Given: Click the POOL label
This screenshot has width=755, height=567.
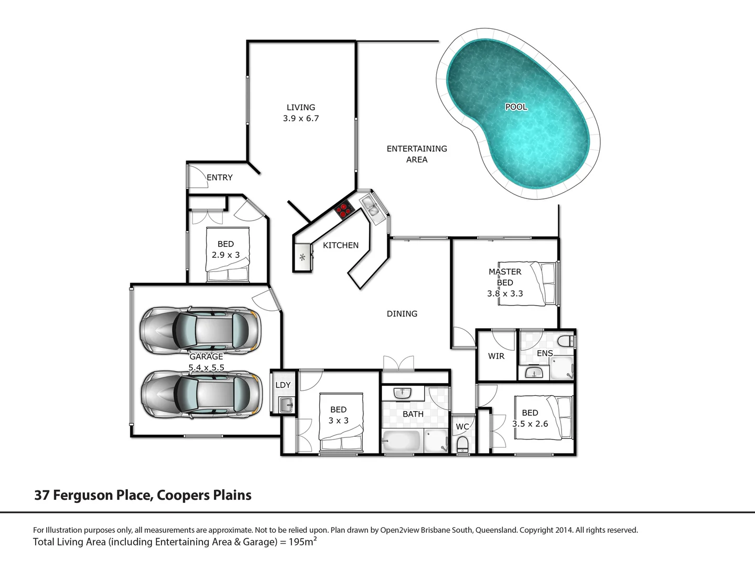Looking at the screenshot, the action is coord(516,107).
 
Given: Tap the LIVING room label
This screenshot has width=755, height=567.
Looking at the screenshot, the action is coord(301,107).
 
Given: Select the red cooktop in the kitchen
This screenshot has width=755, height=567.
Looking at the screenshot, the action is coord(343,209).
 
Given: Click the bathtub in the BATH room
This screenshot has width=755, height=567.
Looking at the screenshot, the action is coord(401,441).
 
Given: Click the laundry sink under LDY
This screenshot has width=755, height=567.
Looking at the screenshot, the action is coord(285,404).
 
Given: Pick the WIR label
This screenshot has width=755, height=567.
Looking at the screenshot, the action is coord(496,356).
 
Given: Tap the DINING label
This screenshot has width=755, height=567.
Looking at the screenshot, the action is coord(402,313).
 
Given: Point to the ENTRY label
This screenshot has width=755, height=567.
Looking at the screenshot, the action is coord(220,177).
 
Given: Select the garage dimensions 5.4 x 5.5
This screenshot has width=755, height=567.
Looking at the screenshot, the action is coord(206,367).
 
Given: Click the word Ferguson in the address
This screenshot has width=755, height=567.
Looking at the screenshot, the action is coord(83,495).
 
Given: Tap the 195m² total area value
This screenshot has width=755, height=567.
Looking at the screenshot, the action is coord(303,541).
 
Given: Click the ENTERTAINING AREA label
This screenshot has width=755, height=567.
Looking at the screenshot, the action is coord(417,154).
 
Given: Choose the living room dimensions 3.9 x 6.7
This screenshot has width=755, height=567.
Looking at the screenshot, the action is coord(301,119).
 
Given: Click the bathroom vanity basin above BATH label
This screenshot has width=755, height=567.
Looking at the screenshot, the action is coord(402,393).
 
